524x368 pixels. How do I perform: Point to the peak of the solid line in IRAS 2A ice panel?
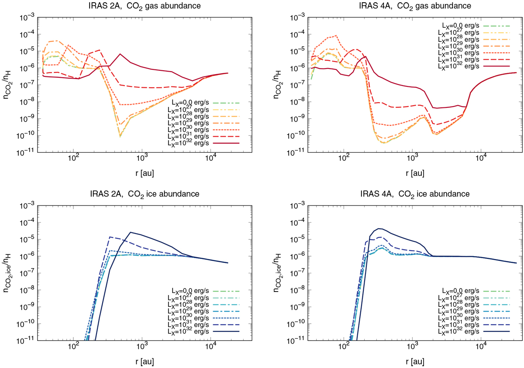click(x=130, y=232)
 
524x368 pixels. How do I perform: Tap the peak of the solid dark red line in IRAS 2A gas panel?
click(x=120, y=54)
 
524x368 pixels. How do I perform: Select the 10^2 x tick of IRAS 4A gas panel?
click(x=344, y=160)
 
